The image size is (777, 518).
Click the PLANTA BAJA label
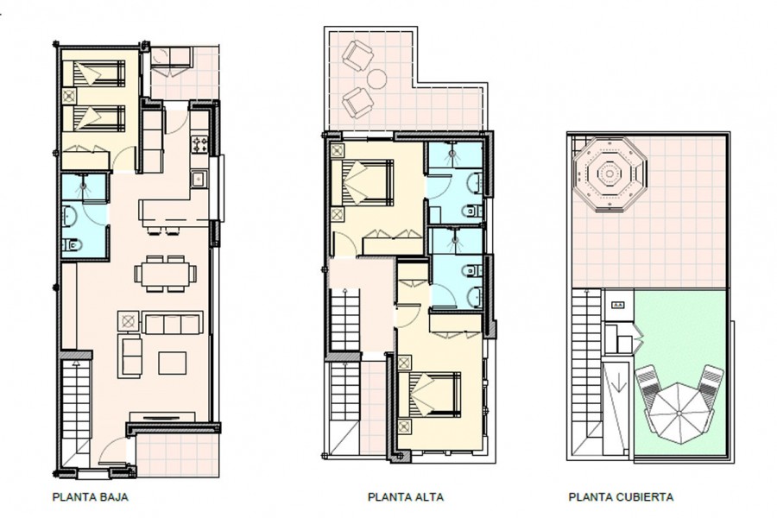point(90,496)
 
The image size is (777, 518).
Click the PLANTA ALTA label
point(406,496)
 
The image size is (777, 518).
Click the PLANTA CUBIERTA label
point(621,496)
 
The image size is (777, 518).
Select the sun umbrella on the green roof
point(679,413)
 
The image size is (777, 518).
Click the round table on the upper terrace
point(377,79)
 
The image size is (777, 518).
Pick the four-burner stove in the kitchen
point(199,144)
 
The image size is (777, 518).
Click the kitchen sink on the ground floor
point(199,179)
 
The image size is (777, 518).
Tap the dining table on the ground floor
point(165,274)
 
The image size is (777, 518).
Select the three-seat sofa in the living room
point(173,323)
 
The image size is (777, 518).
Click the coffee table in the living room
point(173,363)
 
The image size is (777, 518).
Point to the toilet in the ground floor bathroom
point(72,244)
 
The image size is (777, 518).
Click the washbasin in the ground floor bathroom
point(69,216)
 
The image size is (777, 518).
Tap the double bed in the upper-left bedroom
point(367,182)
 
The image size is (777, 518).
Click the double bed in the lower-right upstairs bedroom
point(430,395)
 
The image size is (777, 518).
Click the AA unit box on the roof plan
point(618,306)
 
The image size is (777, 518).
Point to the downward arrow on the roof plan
point(618,382)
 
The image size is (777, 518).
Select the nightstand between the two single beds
point(69,95)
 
